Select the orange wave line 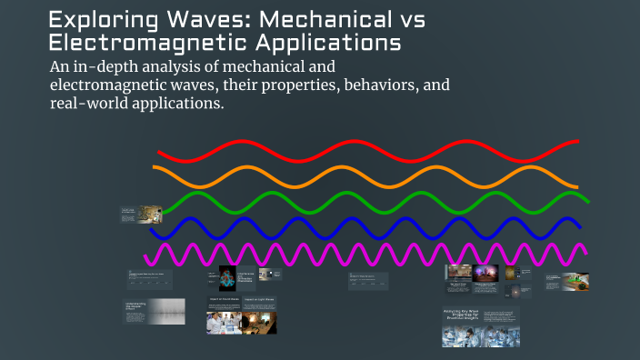(x=364, y=177)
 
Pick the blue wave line (x=364, y=226)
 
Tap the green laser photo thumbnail (x=574, y=282)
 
